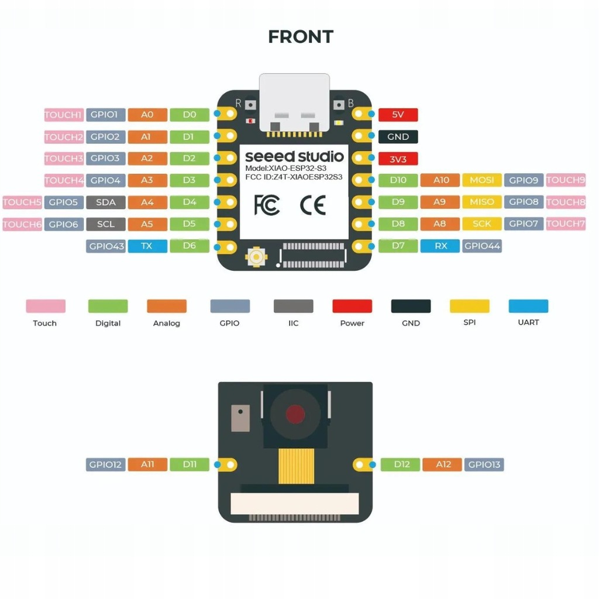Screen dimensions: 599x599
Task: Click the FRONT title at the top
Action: pos(300,36)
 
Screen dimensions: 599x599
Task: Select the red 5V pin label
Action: pos(398,115)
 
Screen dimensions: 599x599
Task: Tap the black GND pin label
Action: pos(398,137)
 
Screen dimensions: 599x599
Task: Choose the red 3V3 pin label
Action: pos(398,159)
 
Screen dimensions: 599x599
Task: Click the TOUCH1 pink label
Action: pos(64,115)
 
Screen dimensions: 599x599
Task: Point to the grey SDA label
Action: pos(106,202)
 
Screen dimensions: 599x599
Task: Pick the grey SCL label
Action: pos(106,224)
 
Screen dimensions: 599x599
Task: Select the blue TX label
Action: pos(147,246)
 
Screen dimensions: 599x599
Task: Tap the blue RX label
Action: pos(440,246)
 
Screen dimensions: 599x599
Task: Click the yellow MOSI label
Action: pos(482,180)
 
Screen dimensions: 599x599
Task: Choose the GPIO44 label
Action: pos(482,246)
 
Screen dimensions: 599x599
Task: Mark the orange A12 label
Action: pos(442,464)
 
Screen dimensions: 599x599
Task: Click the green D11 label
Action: pos(190,464)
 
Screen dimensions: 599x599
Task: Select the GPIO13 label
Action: pos(484,464)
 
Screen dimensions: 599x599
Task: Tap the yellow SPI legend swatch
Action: pos(469,306)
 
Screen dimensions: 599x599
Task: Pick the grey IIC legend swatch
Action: pos(293,306)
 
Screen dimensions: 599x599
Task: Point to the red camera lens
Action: pos(296,414)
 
